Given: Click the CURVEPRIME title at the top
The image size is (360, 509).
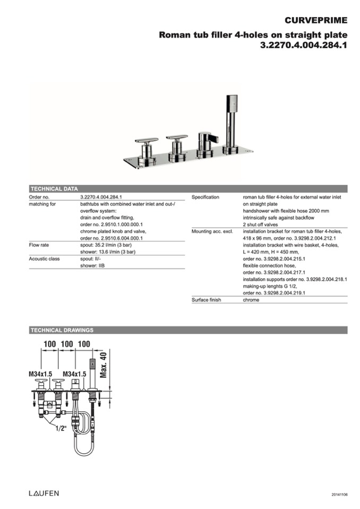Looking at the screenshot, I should pos(316,21).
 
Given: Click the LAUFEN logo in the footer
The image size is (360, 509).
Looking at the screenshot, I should pos(44,493).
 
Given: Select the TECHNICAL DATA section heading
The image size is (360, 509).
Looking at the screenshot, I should pos(54,188).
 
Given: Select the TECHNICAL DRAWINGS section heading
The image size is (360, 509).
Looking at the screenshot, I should pos(62,330).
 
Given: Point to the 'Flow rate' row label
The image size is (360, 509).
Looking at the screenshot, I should pos(40,245).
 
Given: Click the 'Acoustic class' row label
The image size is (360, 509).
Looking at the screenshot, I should pos(44,259).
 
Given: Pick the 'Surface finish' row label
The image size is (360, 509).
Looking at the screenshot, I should pos(207,300).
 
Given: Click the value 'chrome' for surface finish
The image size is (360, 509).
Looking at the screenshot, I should pos(251,300).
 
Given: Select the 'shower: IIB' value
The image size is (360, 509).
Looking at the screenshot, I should pos(92,266).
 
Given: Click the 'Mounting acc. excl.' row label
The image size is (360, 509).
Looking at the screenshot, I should pos(212,231).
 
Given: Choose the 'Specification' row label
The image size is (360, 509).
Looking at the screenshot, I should pos(205,197).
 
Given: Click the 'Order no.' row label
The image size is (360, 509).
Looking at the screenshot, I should pos(39,197).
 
